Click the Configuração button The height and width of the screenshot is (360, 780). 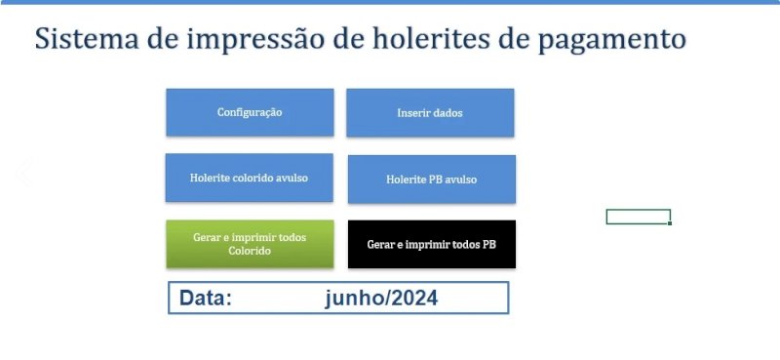coord(250,112)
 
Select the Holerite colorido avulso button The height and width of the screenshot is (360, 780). coord(249,178)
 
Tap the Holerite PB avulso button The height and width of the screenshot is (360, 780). coord(431,180)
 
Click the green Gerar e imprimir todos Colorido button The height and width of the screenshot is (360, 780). coord(250,244)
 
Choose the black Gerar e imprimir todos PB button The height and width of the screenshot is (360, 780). coord(431,244)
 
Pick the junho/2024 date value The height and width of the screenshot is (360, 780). coord(381,299)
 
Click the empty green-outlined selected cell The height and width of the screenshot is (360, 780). coord(638,217)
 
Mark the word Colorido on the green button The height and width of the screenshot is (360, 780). coord(250,251)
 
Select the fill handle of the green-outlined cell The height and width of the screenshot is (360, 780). coord(670,223)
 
